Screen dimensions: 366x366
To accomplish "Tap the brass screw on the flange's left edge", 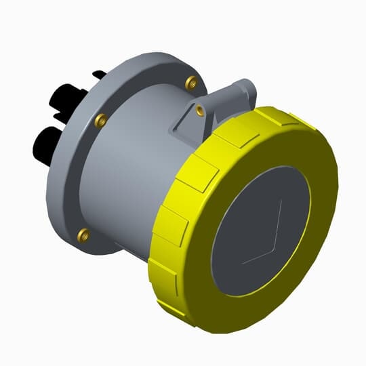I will tap(100, 121).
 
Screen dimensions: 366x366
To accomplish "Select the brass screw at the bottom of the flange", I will tap(83, 235).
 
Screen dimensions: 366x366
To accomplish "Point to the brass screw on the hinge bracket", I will tap(200, 108).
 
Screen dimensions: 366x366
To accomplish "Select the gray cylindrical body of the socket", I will tap(129, 169).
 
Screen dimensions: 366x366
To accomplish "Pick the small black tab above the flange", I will tap(99, 73).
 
